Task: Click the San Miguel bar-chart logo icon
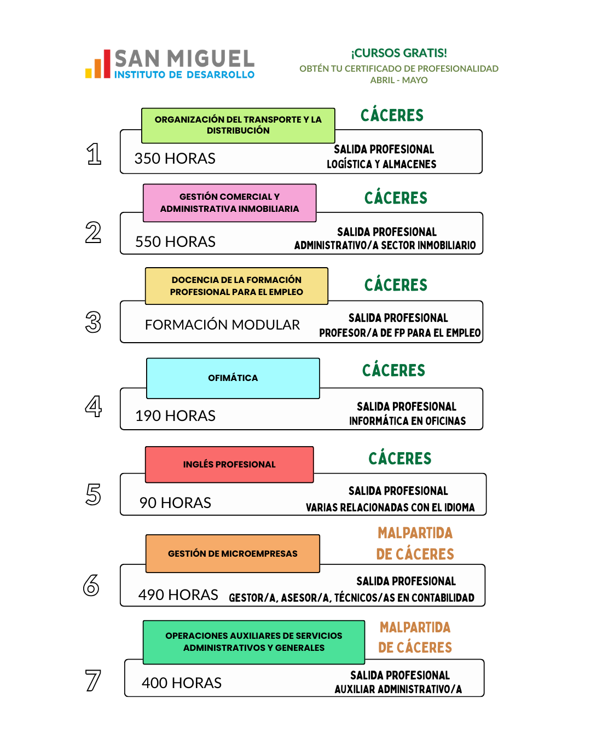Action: (98, 65)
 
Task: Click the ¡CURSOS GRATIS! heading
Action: (399, 53)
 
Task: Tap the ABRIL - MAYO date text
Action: (399, 80)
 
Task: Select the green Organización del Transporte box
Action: (238, 125)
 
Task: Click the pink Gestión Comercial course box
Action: (230, 203)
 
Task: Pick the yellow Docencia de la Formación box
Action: (236, 286)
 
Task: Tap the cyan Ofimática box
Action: (233, 378)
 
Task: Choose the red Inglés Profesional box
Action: (229, 464)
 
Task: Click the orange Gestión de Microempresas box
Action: (233, 553)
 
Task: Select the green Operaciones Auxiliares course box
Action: (254, 642)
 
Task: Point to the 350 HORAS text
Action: (175, 159)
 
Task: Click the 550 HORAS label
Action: (176, 242)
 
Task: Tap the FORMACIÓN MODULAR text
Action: (222, 325)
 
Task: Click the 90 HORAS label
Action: (175, 503)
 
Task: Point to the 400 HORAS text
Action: (182, 683)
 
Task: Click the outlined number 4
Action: (94, 406)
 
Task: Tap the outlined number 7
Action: (93, 680)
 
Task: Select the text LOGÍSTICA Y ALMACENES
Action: (381, 164)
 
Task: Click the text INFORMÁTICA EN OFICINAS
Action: (408, 421)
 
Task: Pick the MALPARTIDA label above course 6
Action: (415, 533)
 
